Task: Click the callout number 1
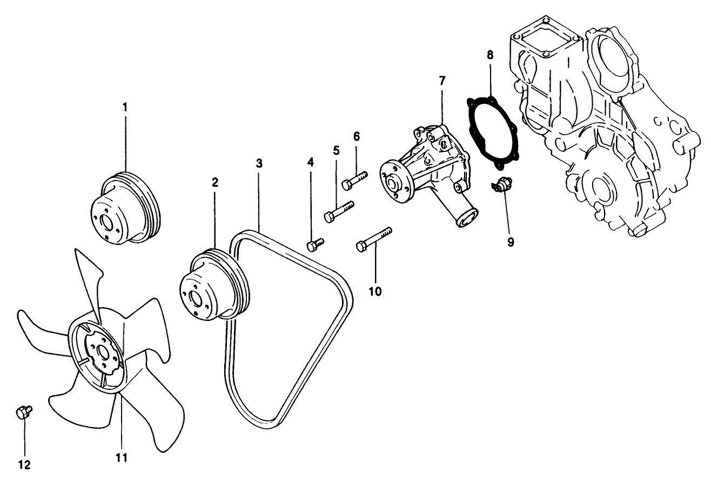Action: click(x=125, y=107)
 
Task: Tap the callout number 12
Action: click(x=24, y=464)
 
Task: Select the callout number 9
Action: click(x=510, y=242)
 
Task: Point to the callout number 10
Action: click(x=375, y=291)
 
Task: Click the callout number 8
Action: click(x=489, y=54)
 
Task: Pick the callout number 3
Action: click(x=259, y=163)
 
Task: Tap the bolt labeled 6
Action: click(x=354, y=180)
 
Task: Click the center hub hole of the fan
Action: click(x=102, y=357)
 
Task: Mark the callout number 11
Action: click(x=122, y=457)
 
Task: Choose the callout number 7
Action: click(x=442, y=81)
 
